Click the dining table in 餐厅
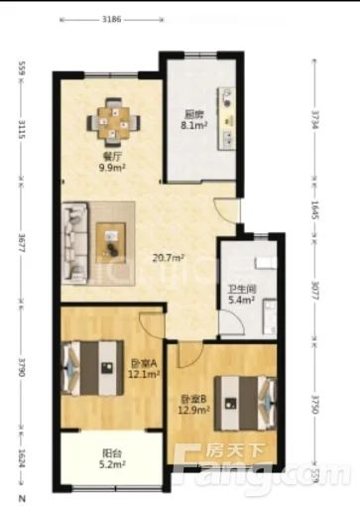111,124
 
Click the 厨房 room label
192,113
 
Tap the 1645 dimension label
316,209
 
